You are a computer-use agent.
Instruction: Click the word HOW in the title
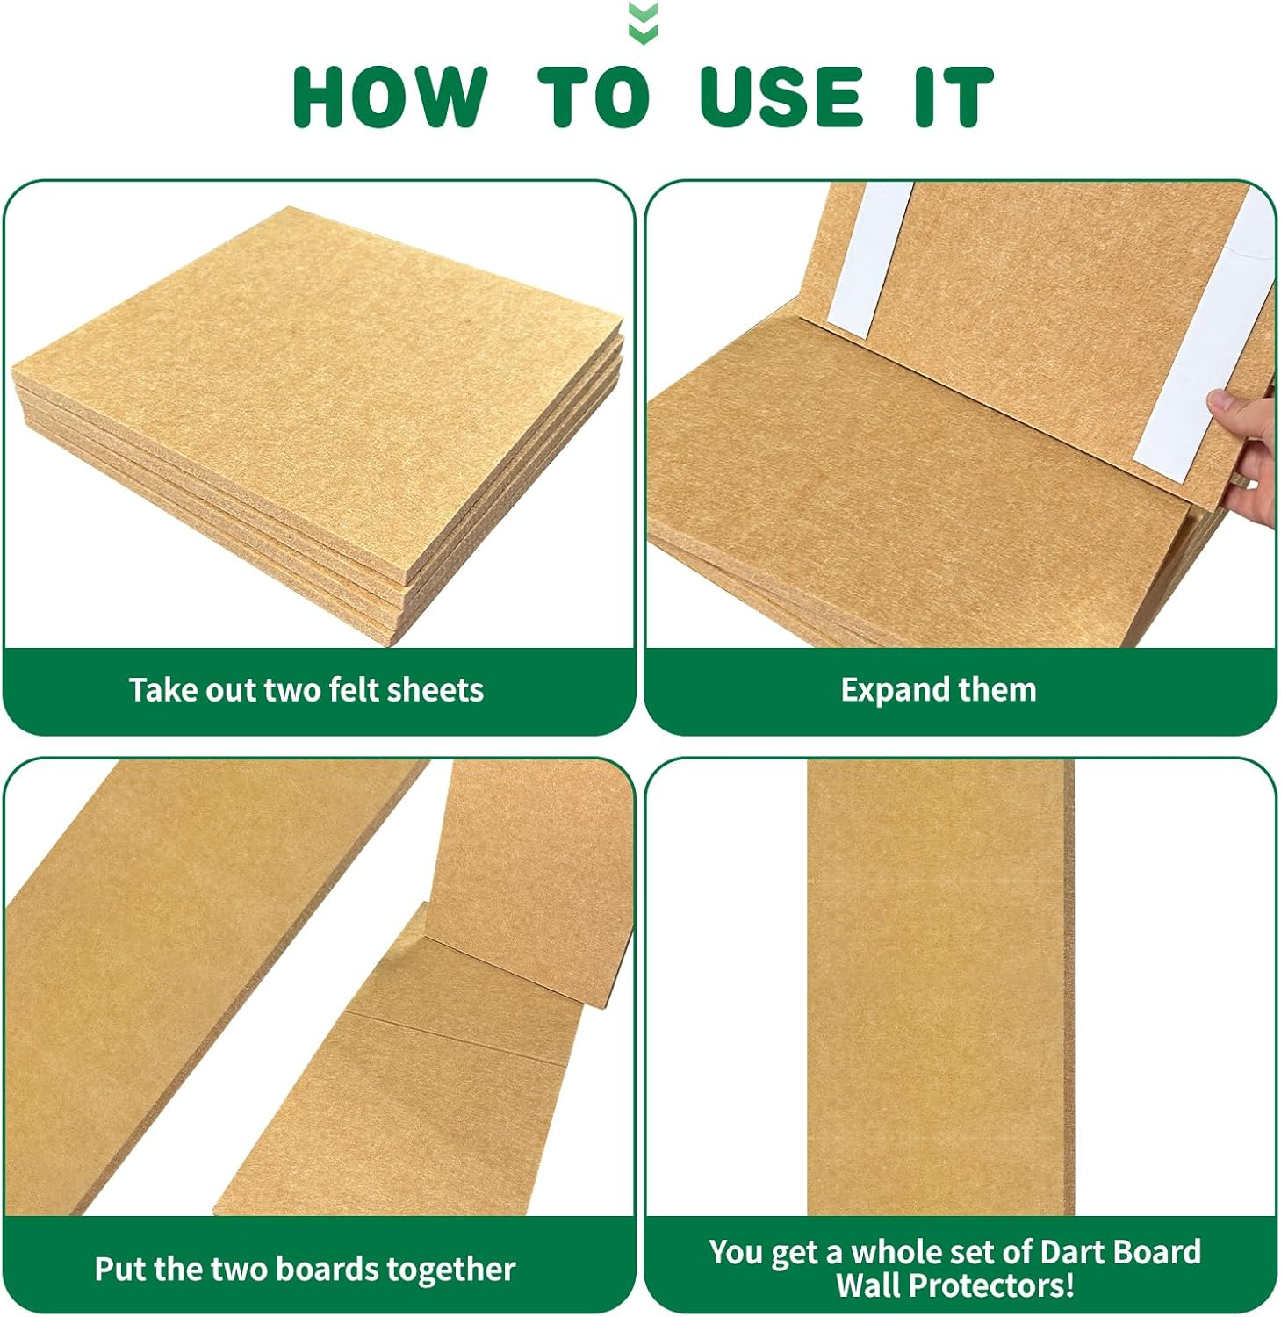click(390, 97)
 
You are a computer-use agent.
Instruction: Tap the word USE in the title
click(781, 97)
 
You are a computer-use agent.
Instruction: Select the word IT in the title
click(954, 97)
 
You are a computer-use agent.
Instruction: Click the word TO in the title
click(594, 97)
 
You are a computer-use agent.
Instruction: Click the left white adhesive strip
click(868, 260)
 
